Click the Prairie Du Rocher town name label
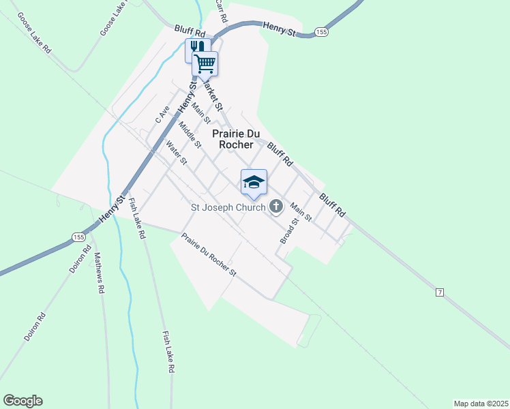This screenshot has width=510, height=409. click(232, 139)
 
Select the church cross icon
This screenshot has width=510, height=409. click(276, 206)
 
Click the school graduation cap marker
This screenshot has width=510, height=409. click(254, 182)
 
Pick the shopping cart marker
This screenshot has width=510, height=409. click(205, 64)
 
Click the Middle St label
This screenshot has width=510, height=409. click(190, 135)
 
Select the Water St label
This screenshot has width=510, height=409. click(177, 153)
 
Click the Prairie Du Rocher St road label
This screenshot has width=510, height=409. click(208, 256)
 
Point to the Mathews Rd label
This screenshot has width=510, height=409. click(99, 273)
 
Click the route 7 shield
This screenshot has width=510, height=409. click(440, 292)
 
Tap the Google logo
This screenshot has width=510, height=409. click(22, 401)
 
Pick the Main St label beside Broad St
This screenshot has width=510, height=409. click(301, 212)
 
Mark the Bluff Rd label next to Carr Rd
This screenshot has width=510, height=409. click(190, 31)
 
